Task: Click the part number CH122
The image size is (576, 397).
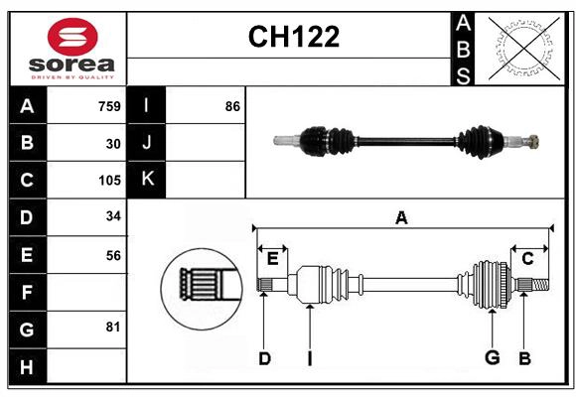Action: click(x=293, y=37)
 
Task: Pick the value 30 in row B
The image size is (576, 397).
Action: click(x=113, y=144)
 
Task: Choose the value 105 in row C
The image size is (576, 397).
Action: click(x=109, y=181)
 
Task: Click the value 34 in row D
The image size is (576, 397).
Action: click(x=113, y=217)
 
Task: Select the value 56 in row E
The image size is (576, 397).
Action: click(x=113, y=255)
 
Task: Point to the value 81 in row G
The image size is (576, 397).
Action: click(x=113, y=327)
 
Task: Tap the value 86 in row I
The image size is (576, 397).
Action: click(x=232, y=106)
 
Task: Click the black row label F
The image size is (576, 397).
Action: click(x=27, y=292)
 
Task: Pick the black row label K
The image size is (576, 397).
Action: click(x=147, y=180)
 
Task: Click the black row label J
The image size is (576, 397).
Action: click(x=147, y=143)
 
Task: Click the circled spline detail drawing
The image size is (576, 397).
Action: click(x=201, y=287)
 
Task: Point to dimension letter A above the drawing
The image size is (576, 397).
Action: click(x=401, y=218)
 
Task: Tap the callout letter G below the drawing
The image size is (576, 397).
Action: click(x=491, y=358)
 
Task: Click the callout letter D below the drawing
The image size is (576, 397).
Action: click(x=264, y=358)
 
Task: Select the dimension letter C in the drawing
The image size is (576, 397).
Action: click(x=527, y=259)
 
